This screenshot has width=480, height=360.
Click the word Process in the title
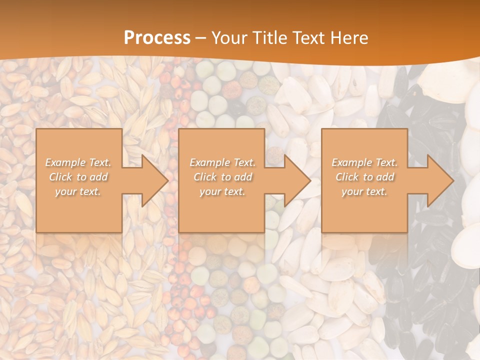(157, 38)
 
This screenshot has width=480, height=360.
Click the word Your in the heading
(229, 38)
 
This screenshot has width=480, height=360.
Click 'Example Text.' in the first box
(78, 162)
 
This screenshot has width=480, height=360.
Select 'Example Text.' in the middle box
(222, 162)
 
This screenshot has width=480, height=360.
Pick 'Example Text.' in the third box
(364, 162)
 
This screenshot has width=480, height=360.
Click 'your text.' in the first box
(78, 191)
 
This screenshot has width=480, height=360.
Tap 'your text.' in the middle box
(222, 191)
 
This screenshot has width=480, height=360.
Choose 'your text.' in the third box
(364, 191)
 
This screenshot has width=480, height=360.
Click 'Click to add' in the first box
(78, 177)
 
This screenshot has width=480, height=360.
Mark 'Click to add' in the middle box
(222, 177)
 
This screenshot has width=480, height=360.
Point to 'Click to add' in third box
(364, 177)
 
